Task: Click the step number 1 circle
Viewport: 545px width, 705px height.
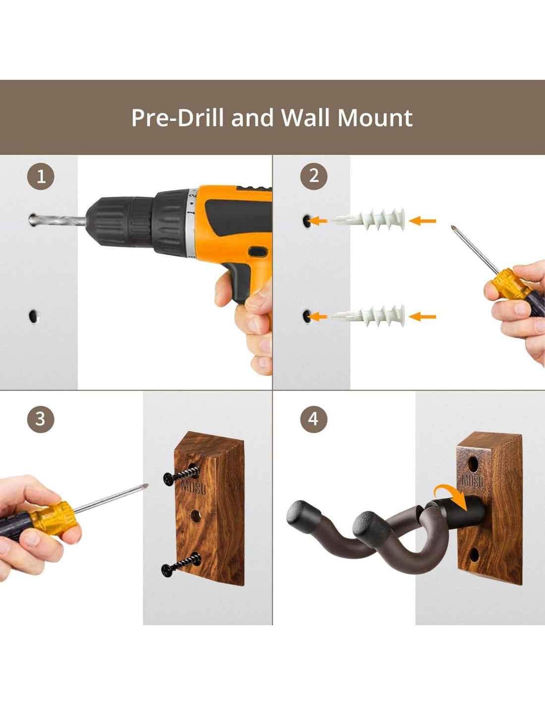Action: tap(41, 177)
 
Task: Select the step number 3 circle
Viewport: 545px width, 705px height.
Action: tap(41, 419)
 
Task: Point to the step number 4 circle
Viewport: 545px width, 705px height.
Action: tap(314, 419)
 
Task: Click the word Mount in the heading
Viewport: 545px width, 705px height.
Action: tap(375, 117)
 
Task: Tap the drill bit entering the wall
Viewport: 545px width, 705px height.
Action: tap(57, 221)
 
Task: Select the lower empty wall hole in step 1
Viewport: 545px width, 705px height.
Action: tap(33, 316)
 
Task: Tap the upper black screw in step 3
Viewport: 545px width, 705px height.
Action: tap(180, 475)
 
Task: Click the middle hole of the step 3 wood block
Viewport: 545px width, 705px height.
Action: tap(196, 516)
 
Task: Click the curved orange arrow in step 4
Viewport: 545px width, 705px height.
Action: tap(452, 497)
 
